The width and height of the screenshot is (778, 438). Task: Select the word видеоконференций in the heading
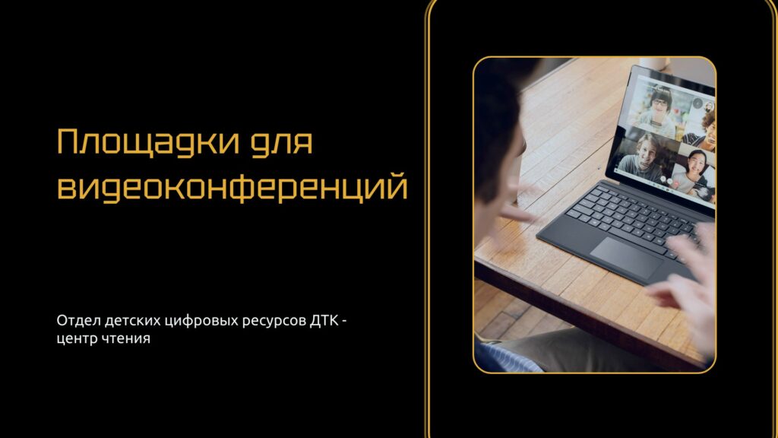[232, 187]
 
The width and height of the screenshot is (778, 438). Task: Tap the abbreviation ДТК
[324, 321]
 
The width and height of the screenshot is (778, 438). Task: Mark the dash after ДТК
[344, 322]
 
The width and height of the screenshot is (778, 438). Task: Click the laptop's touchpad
[626, 258]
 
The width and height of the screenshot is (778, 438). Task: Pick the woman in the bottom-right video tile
[694, 171]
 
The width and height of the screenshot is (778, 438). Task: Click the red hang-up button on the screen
[669, 182]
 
